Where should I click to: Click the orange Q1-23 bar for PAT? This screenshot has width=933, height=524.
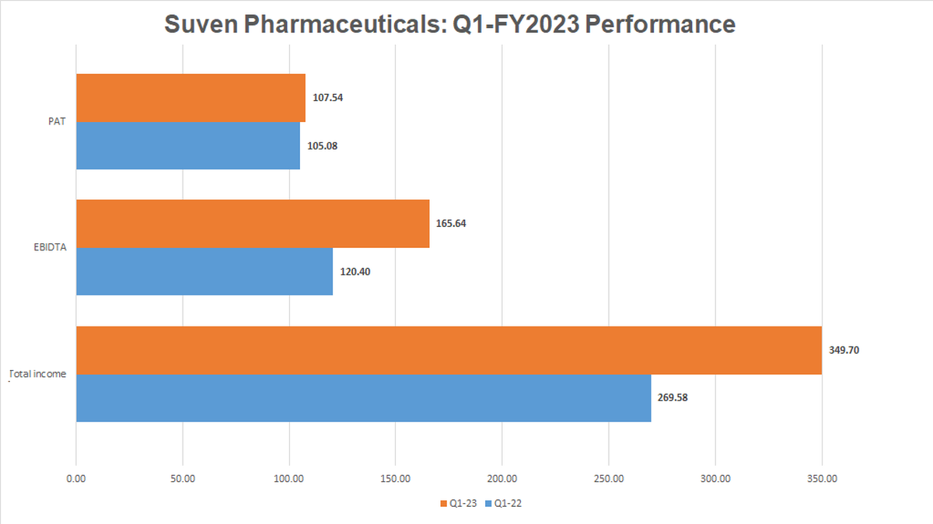(x=190, y=98)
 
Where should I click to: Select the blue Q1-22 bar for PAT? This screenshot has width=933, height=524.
(x=187, y=145)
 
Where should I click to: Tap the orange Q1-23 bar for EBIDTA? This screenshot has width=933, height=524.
(x=253, y=224)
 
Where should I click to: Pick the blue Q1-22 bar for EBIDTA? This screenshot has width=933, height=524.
(x=204, y=271)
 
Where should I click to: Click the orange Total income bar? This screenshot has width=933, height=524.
(x=449, y=350)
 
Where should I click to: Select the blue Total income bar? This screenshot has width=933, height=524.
(x=363, y=397)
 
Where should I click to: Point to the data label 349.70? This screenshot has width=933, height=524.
(x=844, y=350)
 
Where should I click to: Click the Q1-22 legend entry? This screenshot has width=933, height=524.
(x=502, y=503)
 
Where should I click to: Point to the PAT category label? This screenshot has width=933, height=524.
(x=57, y=121)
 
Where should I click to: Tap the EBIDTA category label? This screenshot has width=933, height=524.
(x=51, y=247)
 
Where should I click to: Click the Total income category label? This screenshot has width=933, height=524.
(x=37, y=374)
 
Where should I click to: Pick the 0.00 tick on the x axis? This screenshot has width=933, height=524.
(x=76, y=478)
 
